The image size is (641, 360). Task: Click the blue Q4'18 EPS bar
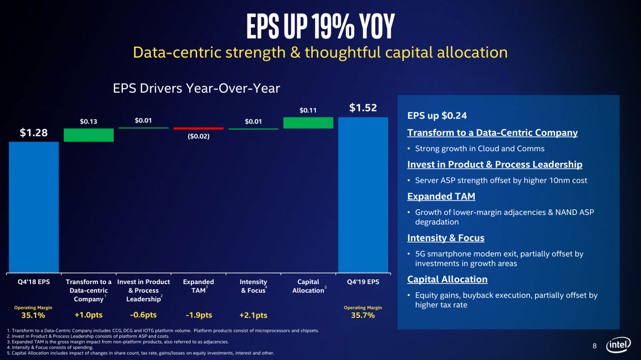click(x=34, y=207)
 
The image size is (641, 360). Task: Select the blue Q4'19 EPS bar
click(x=363, y=195)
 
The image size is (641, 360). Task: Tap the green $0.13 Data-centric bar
click(x=89, y=135)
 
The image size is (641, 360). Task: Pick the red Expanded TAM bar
click(x=198, y=129)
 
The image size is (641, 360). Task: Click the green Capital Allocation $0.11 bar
click(x=308, y=123)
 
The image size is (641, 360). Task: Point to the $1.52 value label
click(x=363, y=108)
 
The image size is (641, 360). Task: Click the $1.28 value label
click(x=34, y=133)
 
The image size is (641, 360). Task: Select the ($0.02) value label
click(x=199, y=136)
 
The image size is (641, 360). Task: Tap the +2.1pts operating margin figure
click(x=253, y=315)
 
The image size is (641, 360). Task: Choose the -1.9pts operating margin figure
click(x=199, y=315)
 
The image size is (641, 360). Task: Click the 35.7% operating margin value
click(x=363, y=315)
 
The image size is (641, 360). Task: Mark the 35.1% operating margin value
click(x=33, y=315)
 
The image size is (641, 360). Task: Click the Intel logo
click(x=618, y=344)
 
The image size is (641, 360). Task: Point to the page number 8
click(x=594, y=346)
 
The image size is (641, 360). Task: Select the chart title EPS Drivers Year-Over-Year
click(x=196, y=88)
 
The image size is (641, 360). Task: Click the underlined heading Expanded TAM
click(x=441, y=196)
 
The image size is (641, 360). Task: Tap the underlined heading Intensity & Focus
click(x=446, y=238)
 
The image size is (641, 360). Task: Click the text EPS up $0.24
click(x=437, y=116)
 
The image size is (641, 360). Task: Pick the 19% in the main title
click(x=334, y=27)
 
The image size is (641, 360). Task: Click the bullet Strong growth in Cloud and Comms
click(x=480, y=149)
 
